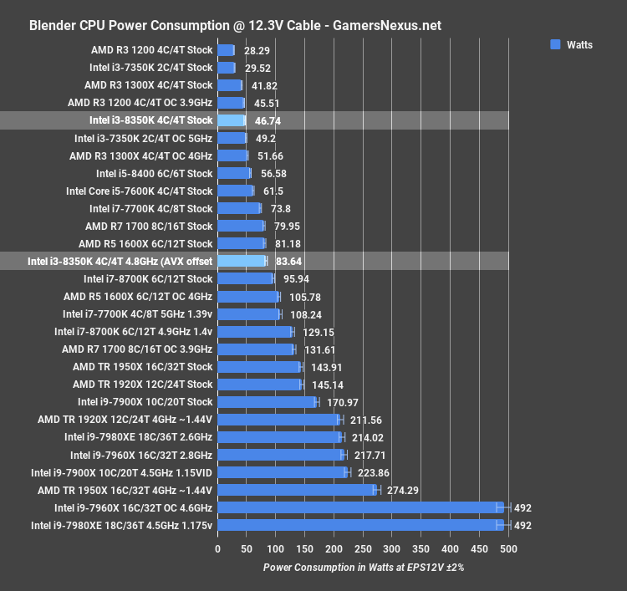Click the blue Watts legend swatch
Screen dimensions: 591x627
click(555, 44)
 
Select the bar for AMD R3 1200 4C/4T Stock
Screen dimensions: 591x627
click(226, 50)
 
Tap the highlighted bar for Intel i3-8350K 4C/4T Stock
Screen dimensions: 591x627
click(231, 120)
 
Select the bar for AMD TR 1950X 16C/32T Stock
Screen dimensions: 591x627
click(259, 367)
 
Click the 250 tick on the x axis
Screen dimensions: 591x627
click(363, 549)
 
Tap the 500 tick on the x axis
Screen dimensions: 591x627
click(507, 549)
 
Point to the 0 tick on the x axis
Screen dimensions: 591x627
click(217, 549)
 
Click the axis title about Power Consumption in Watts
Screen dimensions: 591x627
click(363, 568)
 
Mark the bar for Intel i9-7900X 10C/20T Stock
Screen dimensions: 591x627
click(267, 402)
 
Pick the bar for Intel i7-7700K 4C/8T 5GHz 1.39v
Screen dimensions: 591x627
click(248, 314)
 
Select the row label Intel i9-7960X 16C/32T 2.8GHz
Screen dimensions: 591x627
click(141, 455)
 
